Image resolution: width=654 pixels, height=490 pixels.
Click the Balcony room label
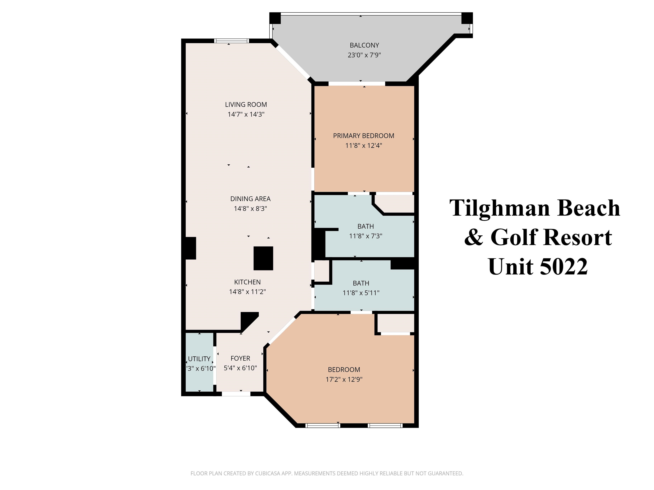pyautogui.click(x=364, y=45)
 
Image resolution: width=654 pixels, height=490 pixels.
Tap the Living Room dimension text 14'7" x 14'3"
pyautogui.click(x=246, y=114)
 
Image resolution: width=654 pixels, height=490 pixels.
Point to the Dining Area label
pyautogui.click(x=250, y=199)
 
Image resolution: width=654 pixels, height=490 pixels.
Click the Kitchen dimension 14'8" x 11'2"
pyautogui.click(x=247, y=292)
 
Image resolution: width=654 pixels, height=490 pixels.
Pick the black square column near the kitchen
pyautogui.click(x=263, y=258)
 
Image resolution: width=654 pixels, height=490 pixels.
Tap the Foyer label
pyautogui.click(x=240, y=358)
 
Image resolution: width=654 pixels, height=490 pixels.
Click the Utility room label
pyautogui.click(x=199, y=359)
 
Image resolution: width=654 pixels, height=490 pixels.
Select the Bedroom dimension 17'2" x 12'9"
pyautogui.click(x=344, y=379)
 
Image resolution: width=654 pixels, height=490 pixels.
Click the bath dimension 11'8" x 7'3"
pyautogui.click(x=366, y=236)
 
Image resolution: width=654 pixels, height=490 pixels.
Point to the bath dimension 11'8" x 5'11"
pyautogui.click(x=361, y=293)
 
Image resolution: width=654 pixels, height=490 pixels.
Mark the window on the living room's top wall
pyautogui.click(x=231, y=41)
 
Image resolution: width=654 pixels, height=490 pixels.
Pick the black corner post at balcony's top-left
pyautogui.click(x=275, y=18)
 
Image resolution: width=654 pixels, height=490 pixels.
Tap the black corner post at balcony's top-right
pyautogui.click(x=467, y=18)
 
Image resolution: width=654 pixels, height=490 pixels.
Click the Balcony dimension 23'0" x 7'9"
pyautogui.click(x=364, y=55)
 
